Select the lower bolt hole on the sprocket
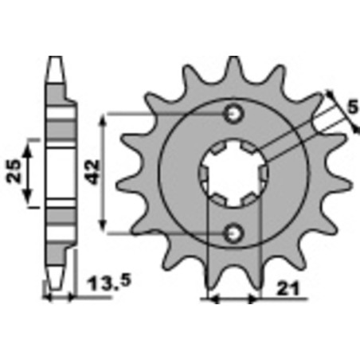233,233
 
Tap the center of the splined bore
233,174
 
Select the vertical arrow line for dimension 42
104,173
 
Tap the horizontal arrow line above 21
233,300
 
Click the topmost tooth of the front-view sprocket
234,64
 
